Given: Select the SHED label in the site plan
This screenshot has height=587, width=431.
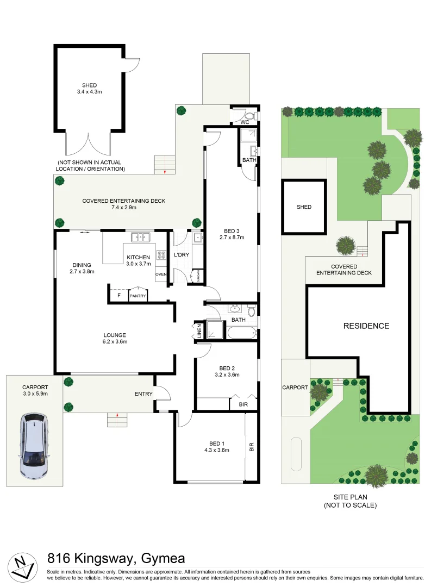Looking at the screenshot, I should tap(304, 207).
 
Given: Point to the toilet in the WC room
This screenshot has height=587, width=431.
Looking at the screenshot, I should tap(249, 116).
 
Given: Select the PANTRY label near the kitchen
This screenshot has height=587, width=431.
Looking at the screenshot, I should tap(138, 296).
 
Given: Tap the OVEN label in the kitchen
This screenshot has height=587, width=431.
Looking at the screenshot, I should tap(161, 274).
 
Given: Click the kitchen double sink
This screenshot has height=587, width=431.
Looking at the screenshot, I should tap(141, 237).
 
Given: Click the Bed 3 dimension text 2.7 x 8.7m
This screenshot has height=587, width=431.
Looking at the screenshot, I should tap(232, 238).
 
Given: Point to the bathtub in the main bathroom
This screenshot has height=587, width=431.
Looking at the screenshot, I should tap(241, 332).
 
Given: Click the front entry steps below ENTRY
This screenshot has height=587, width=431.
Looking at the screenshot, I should tap(117, 419).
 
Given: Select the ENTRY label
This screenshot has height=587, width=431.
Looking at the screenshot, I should tap(143, 394).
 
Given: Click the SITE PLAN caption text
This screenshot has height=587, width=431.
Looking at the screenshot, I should tap(349, 497).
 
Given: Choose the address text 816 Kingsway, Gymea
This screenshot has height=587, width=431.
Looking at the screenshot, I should tap(116, 558).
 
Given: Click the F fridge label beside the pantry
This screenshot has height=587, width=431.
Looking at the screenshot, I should tap(118, 296).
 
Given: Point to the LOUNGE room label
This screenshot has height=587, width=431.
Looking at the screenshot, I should tap(115, 335).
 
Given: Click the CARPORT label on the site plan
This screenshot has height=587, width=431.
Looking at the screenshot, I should tap(295, 388).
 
